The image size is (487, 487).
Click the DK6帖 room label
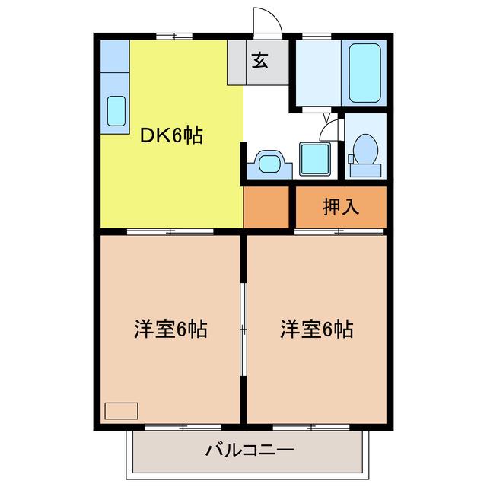171,135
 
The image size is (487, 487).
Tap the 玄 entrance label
259,60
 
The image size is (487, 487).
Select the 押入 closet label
341,206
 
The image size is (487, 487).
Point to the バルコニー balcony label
249,450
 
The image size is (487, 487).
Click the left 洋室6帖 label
170,329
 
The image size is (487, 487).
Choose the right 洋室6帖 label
317,329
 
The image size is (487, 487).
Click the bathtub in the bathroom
364,73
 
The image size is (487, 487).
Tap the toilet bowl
365,149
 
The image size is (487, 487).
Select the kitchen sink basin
116,111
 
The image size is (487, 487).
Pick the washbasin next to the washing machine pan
269,164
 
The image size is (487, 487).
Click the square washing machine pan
315,159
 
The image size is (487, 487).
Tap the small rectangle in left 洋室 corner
121,411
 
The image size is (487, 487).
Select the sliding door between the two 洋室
243,329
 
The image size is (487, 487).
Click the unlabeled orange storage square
266,207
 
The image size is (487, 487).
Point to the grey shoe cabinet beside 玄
237,62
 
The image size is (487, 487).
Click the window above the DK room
174,37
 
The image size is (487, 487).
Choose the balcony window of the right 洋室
311,427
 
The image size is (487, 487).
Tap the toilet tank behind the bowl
365,170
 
